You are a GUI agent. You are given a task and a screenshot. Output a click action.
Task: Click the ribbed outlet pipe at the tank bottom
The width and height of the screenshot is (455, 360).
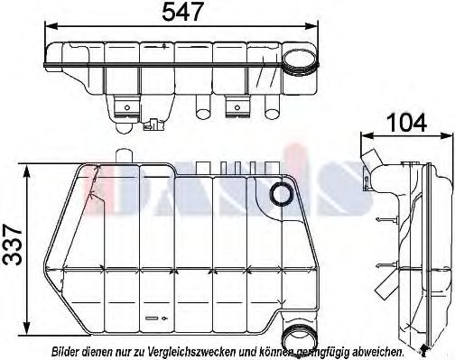tap(293, 336)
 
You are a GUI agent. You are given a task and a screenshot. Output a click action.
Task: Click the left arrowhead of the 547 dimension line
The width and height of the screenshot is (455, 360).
tap(45, 30)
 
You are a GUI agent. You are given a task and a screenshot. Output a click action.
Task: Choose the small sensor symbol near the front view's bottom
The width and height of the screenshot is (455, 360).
tap(152, 318)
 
